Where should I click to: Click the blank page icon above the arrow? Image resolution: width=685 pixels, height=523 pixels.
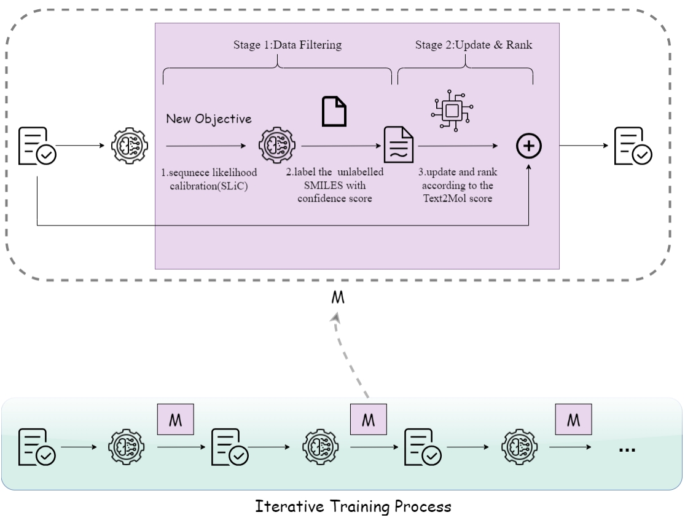(335, 111)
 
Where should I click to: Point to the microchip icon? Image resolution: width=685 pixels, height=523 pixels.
(453, 110)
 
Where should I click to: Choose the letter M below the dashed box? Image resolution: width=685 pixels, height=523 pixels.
(337, 298)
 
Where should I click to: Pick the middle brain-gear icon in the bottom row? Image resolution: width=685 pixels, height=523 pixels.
(320, 447)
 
